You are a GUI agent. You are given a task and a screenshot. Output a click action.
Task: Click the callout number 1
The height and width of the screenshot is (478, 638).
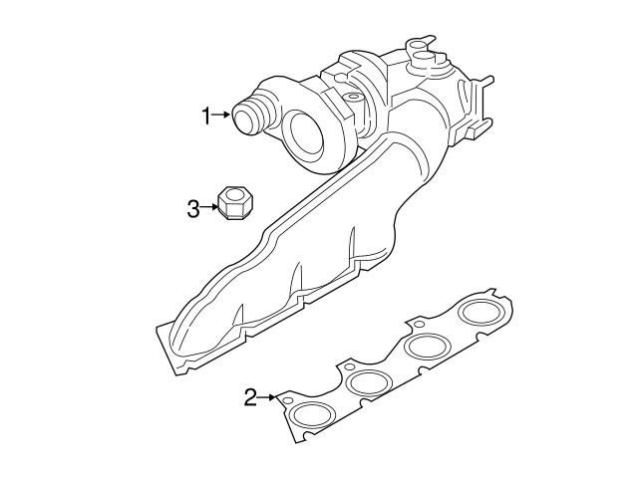(x=206, y=118)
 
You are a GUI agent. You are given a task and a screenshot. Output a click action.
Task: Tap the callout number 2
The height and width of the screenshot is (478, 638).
(x=250, y=398)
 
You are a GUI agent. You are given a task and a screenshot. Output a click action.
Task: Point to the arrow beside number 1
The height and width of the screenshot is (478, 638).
(x=223, y=118)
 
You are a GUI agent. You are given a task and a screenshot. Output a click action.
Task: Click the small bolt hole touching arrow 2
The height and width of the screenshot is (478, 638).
(x=287, y=400)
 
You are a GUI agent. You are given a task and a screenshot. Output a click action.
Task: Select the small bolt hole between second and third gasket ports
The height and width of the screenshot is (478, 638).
(x=418, y=324)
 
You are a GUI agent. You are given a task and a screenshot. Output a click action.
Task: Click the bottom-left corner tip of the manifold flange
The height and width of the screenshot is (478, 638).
(x=159, y=328)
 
